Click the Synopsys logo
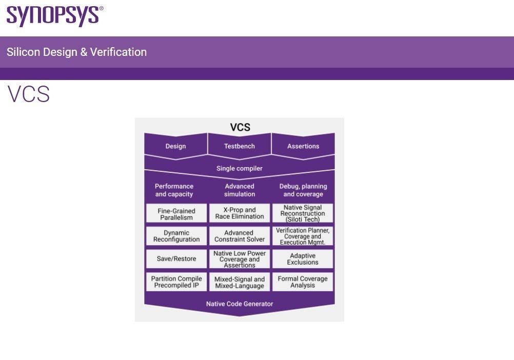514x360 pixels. point(54,16)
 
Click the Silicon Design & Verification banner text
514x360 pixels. point(76,52)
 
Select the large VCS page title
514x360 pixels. point(29,95)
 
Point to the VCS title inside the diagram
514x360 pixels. point(240,127)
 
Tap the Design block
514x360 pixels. point(175,146)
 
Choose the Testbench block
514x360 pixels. point(239,146)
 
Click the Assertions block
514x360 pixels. point(303,146)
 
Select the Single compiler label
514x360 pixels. point(239,168)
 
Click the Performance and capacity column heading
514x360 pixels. point(174,190)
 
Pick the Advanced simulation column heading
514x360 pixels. point(240,190)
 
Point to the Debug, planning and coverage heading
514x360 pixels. point(303,190)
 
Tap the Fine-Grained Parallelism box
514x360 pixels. point(176,214)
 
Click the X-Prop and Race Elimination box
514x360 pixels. point(240,213)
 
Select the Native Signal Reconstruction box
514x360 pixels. point(303,213)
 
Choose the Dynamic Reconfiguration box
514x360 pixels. point(176,236)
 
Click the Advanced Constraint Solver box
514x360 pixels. point(240,236)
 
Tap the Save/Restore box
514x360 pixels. point(176,258)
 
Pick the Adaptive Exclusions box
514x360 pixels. point(303,258)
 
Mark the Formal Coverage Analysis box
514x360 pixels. point(303,282)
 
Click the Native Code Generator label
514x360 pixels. point(240,304)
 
